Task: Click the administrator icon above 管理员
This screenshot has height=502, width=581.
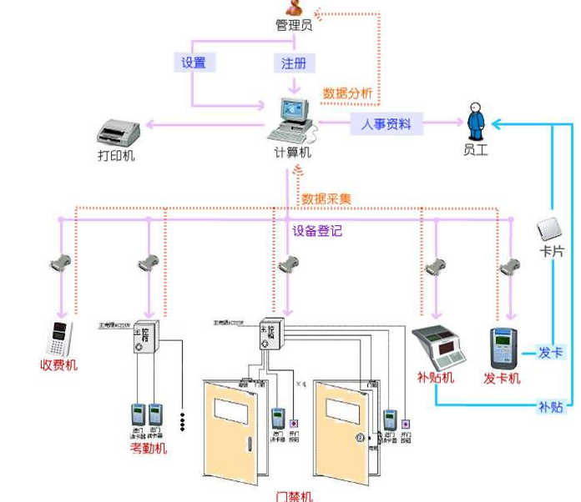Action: [x=293, y=8]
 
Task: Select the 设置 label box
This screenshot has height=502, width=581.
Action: [x=193, y=63]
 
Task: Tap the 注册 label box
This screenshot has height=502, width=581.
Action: [x=293, y=63]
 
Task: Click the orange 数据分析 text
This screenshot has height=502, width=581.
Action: [x=348, y=93]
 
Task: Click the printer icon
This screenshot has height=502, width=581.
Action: [x=117, y=133]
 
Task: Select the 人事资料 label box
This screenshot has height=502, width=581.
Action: [x=386, y=124]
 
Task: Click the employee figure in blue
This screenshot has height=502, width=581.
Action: [x=476, y=122]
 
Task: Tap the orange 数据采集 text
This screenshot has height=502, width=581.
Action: [x=326, y=199]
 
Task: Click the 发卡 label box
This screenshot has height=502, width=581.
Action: [x=550, y=353]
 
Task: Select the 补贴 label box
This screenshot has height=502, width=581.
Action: [x=550, y=407]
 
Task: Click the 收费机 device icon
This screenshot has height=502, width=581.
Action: [x=58, y=339]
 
